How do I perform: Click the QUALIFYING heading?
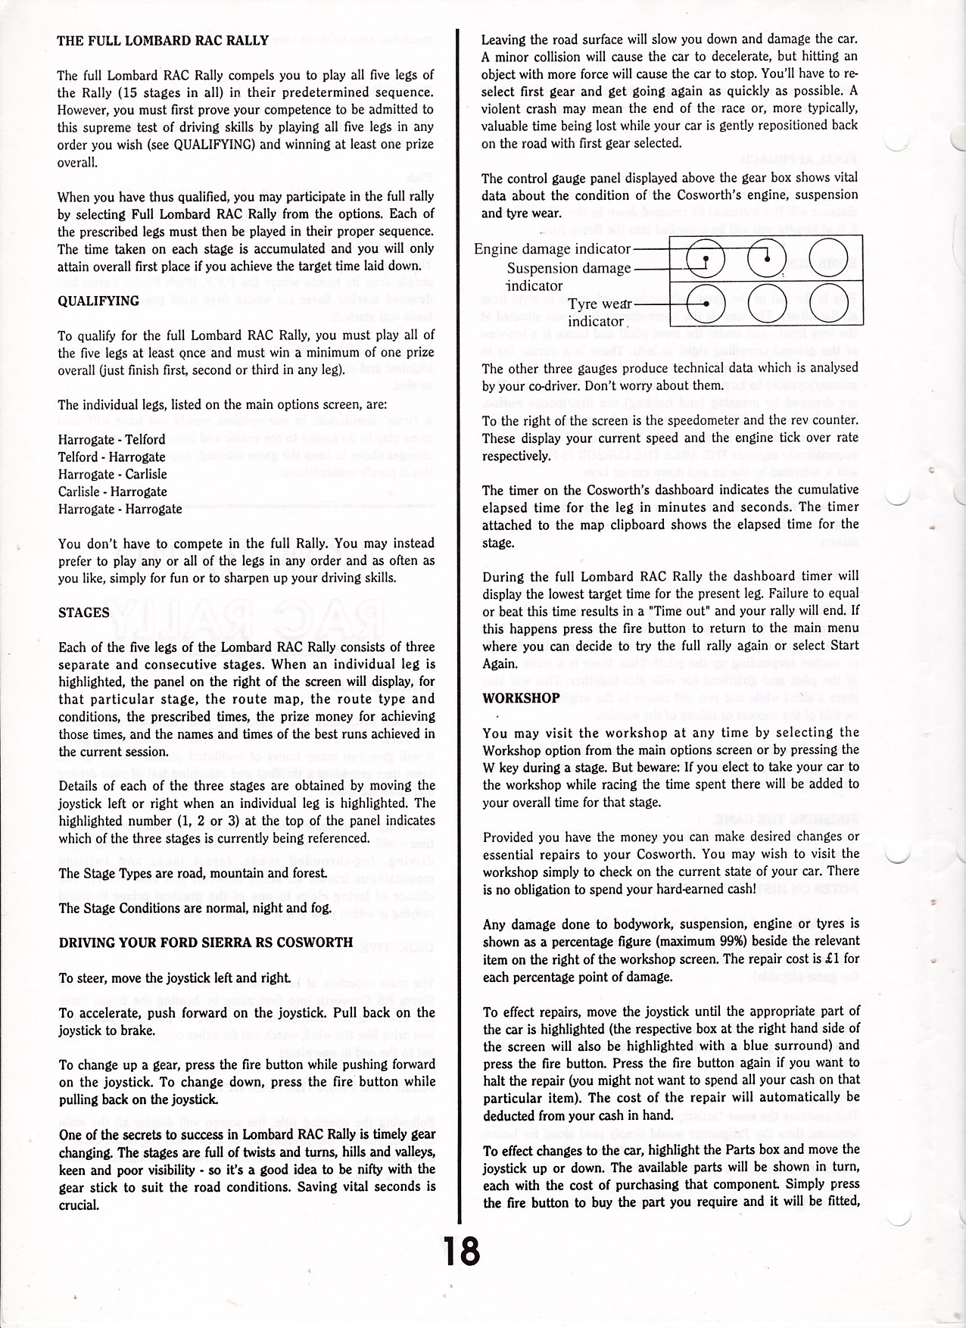tap(98, 301)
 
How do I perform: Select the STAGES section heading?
tap(84, 613)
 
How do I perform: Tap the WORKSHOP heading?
tap(521, 697)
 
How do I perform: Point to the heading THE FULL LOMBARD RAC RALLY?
tap(163, 40)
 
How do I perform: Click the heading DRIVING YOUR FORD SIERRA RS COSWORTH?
tap(205, 943)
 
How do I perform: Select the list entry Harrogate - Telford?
tap(111, 440)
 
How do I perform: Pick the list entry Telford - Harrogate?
tap(111, 457)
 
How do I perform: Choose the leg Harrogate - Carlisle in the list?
tap(113, 475)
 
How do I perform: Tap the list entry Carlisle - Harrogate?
tap(113, 492)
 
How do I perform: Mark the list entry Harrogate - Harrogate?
tap(120, 510)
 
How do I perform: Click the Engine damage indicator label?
tap(553, 249)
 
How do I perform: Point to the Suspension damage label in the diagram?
tap(569, 269)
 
